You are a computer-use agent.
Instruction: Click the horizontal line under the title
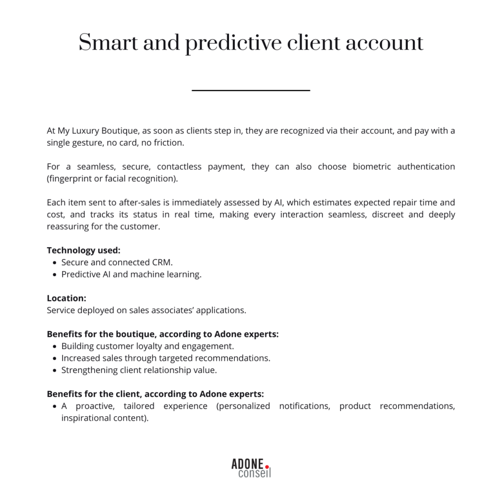coord(251,90)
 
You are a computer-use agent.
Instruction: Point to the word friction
coord(169,143)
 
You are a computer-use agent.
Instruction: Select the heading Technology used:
coord(83,250)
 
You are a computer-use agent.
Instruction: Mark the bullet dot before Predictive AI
coord(54,275)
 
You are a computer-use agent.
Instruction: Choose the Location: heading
coord(67,298)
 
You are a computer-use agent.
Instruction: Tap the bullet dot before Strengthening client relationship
coord(54,370)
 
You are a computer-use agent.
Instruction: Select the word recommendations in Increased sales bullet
coord(235,358)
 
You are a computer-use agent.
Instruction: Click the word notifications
coord(304,406)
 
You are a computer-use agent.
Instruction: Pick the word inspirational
coord(86,418)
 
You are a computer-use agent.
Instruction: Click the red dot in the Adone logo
coord(267,466)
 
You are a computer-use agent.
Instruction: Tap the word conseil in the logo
coord(254,474)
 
